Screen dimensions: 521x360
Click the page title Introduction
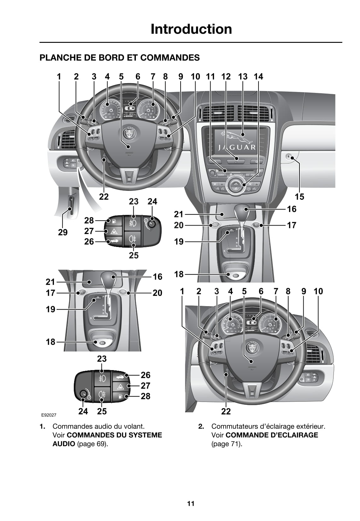(191, 29)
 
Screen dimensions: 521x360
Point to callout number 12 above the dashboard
(226, 77)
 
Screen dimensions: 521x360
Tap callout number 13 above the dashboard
(243, 77)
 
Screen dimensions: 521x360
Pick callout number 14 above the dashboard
(258, 77)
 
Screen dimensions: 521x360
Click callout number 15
(299, 197)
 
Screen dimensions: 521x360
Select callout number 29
(63, 232)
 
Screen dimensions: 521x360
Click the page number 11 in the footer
(191, 504)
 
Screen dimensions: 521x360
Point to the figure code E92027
(49, 415)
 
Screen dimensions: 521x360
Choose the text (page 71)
(227, 444)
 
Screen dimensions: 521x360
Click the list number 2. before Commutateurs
(201, 427)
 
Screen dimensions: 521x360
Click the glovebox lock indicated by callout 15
(288, 156)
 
